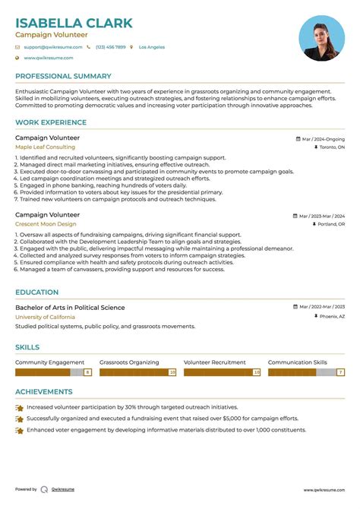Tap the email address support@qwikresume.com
[51, 47]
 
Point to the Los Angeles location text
[152, 47]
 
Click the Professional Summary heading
[63, 76]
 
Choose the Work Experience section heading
[51, 122]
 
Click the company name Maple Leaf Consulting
[45, 147]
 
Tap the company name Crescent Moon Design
[46, 224]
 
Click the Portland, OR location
[330, 225]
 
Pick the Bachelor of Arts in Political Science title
[70, 308]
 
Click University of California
[45, 316]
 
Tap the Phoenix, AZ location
[331, 316]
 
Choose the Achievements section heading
[44, 392]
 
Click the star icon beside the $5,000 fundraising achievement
[19, 419]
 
